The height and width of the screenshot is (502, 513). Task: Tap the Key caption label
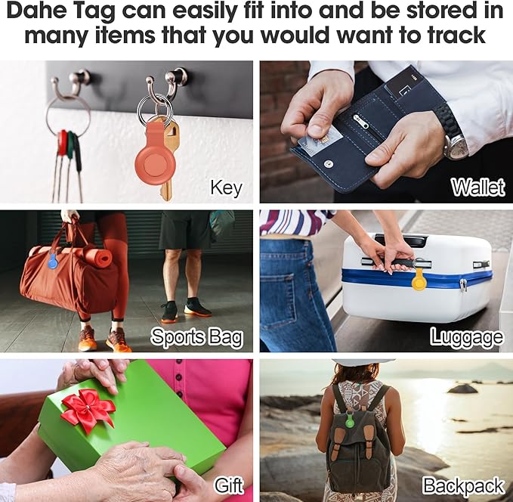click(x=226, y=187)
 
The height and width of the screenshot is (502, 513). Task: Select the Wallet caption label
click(x=477, y=187)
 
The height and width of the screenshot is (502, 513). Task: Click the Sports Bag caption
click(x=196, y=336)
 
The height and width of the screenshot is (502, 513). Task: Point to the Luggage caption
click(x=466, y=336)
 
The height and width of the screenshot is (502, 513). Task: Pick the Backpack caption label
click(x=463, y=485)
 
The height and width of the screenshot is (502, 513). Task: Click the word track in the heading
click(x=452, y=36)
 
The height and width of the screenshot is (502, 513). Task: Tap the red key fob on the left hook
click(x=63, y=143)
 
